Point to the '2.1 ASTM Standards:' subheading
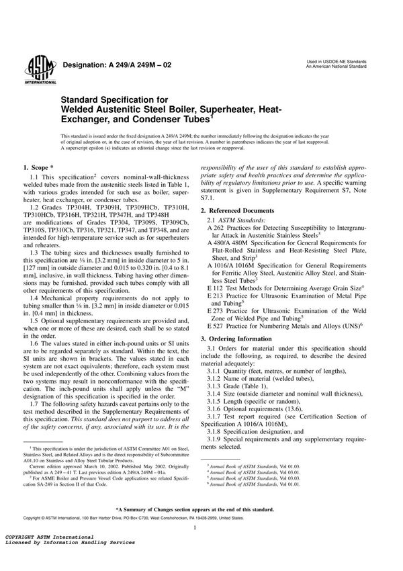point(236,220)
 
